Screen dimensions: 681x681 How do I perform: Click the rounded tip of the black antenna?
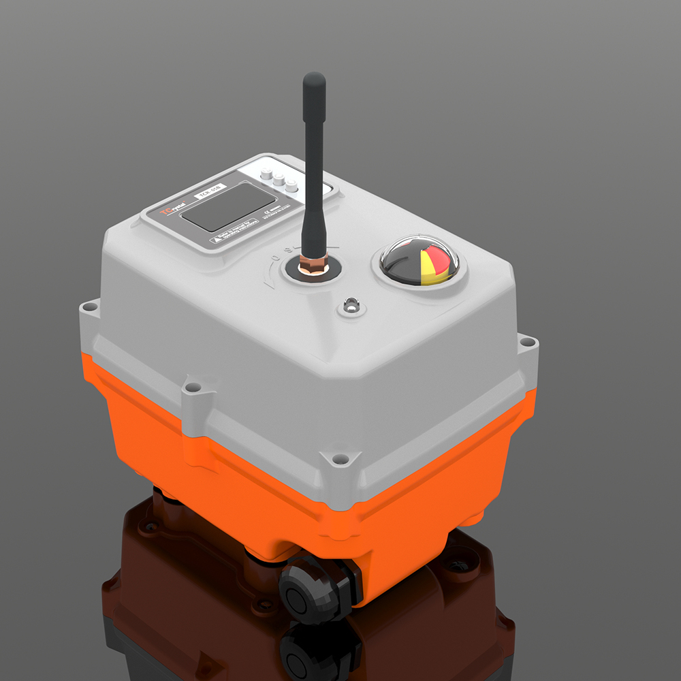pos(314,79)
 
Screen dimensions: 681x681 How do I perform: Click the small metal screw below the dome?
pos(351,306)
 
